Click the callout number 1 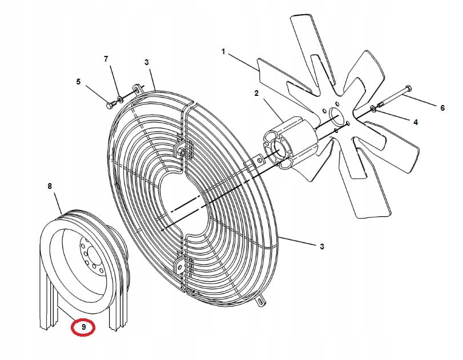pyautogui.click(x=224, y=52)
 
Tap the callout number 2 pyautogui.click(x=256, y=94)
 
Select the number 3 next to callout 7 pyautogui.click(x=147, y=63)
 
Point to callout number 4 pyautogui.click(x=416, y=122)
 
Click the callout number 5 pyautogui.click(x=78, y=82)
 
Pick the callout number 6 pyautogui.click(x=442, y=108)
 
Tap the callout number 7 pyautogui.click(x=106, y=59)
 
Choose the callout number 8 pyautogui.click(x=50, y=186)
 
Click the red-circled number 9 pyautogui.click(x=83, y=327)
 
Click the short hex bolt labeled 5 pyautogui.click(x=111, y=104)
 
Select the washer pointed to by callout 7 pyautogui.click(x=120, y=99)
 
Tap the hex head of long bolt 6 pyautogui.click(x=408, y=88)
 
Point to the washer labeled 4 pyautogui.click(x=373, y=109)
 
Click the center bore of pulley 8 pyautogui.click(x=92, y=253)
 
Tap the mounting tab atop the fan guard pyautogui.click(x=136, y=89)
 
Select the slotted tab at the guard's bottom pyautogui.click(x=261, y=301)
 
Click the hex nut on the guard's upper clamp pyautogui.click(x=182, y=152)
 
